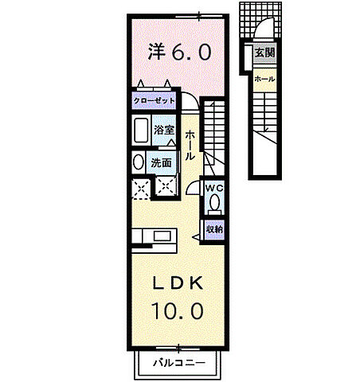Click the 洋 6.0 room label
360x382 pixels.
tap(179, 52)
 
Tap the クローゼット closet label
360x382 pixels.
tap(154, 101)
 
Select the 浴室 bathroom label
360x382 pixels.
tap(164, 130)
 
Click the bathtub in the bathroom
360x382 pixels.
tap(141, 131)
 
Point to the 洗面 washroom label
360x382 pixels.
tap(161, 162)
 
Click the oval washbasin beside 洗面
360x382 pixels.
tap(139, 162)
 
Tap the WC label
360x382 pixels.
tap(214, 188)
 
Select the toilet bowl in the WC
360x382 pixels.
tap(214, 204)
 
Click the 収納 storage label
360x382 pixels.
tap(214, 229)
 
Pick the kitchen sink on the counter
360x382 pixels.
tap(162, 236)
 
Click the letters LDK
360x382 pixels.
tap(178, 283)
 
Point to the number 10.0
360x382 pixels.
tap(178, 311)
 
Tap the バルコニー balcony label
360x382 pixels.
tap(179, 362)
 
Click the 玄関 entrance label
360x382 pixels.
tap(264, 53)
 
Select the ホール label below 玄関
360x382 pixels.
tap(264, 79)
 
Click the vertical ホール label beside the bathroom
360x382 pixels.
tap(190, 145)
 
